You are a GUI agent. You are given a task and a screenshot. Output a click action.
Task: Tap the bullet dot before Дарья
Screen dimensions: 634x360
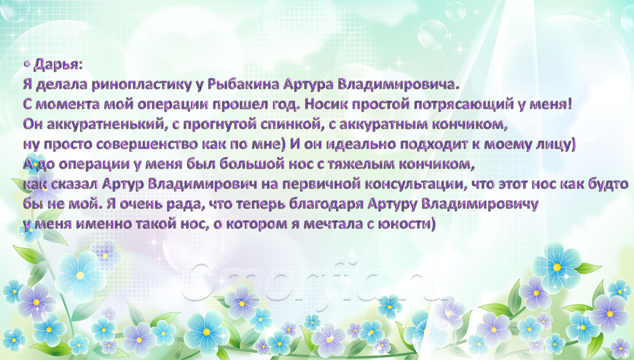click(x=26, y=64)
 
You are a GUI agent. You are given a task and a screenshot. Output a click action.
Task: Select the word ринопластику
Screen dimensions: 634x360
click(x=141, y=84)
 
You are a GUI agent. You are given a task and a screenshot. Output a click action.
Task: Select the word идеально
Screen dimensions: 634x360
click(x=361, y=144)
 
